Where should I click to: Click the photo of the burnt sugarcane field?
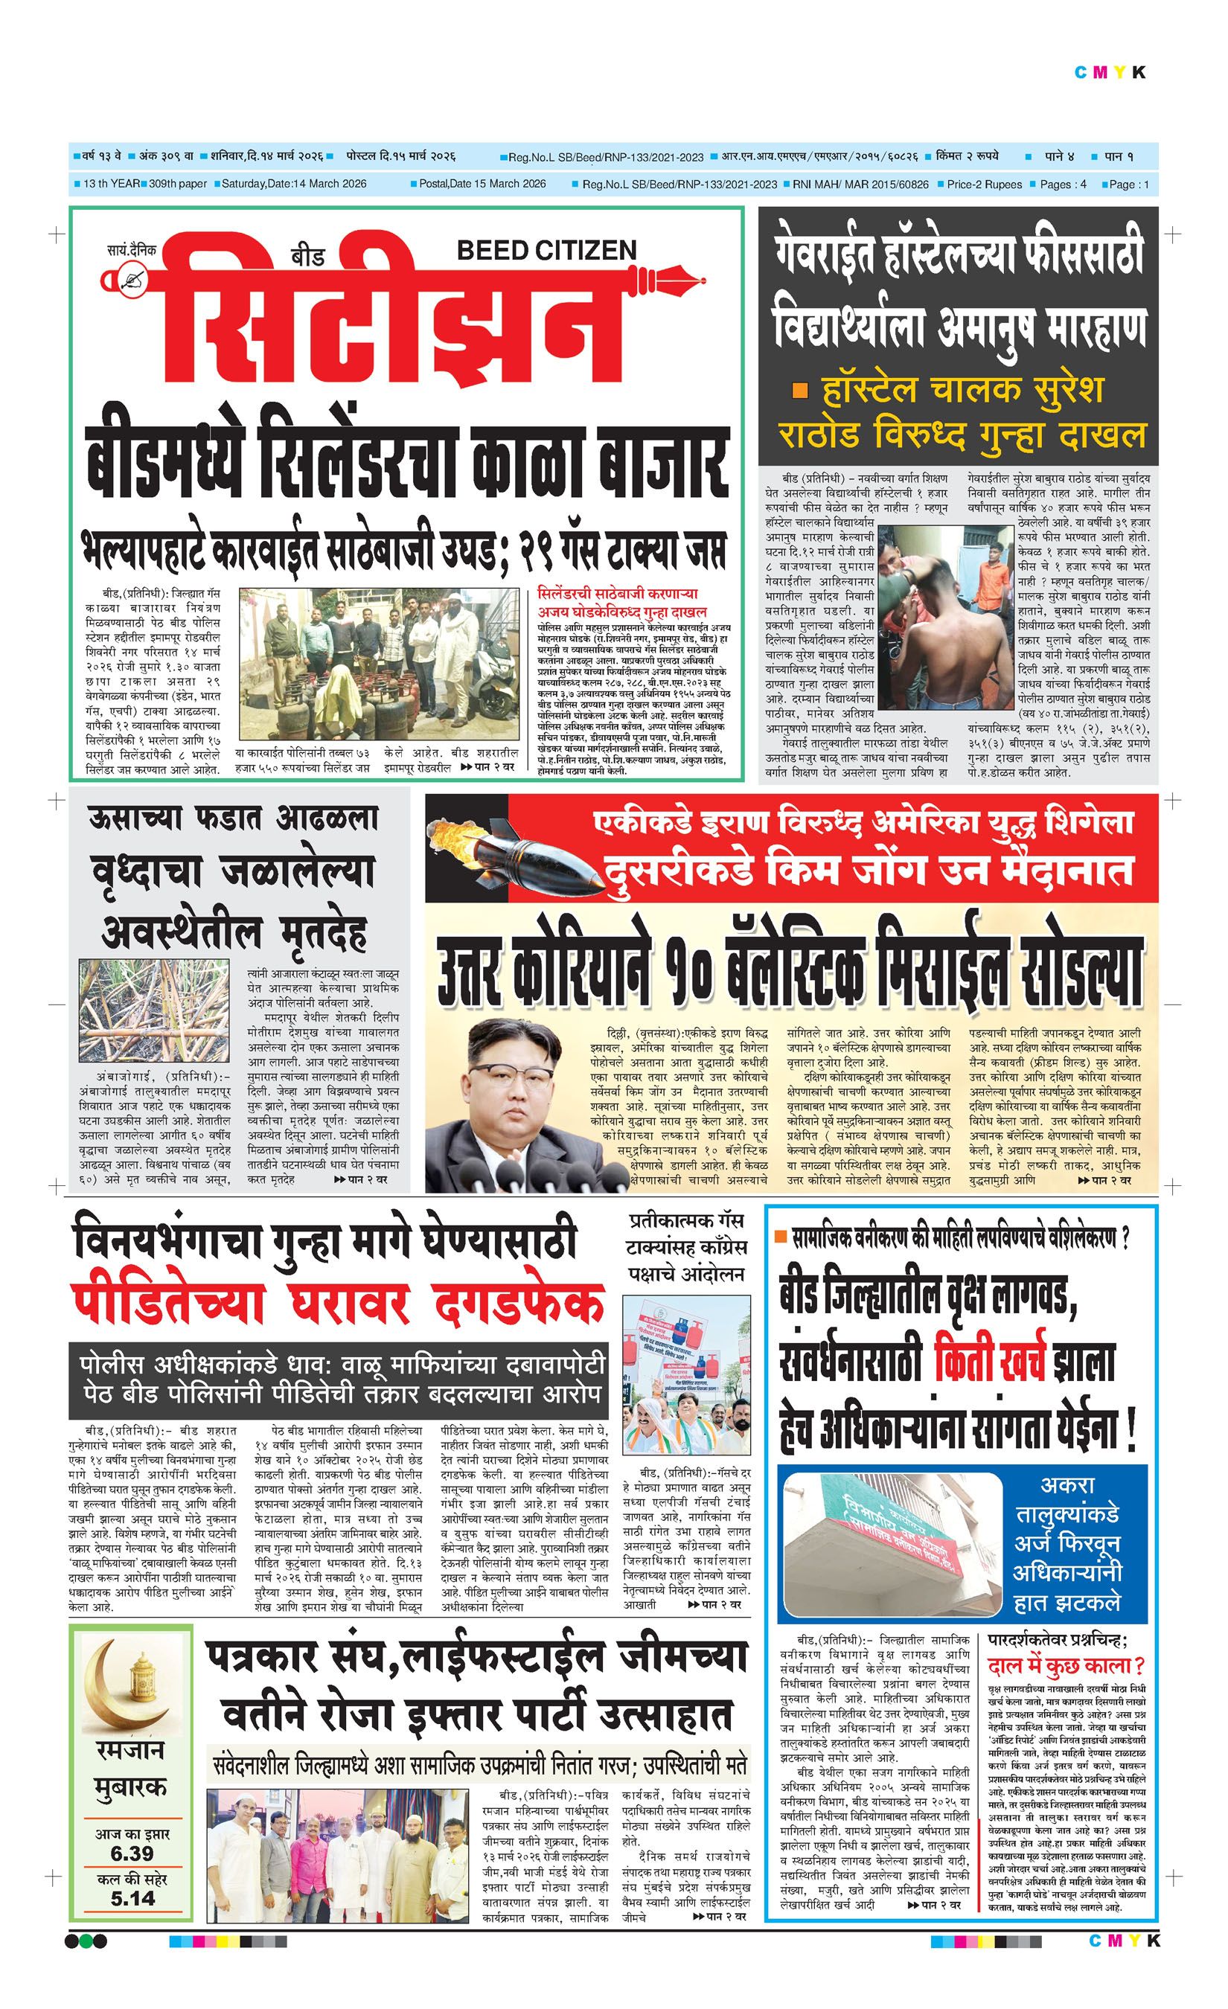[155, 1010]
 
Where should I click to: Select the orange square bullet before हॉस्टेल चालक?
[802, 392]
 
